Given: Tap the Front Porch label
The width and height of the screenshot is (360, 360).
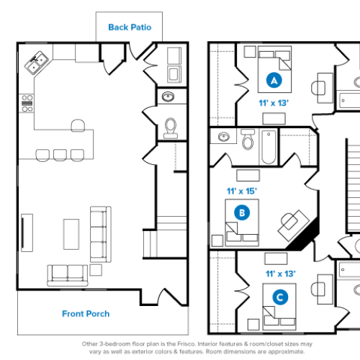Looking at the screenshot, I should pos(86,313).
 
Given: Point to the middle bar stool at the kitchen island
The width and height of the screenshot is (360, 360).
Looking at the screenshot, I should pos(60,153).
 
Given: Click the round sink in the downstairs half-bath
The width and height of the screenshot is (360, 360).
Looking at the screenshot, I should pos(170,96).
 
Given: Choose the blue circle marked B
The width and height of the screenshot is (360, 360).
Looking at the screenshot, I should pos(243,213).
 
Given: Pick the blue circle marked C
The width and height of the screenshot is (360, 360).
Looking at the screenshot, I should pos(277,297).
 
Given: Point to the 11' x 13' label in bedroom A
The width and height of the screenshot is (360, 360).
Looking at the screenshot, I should pos(274,103).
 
